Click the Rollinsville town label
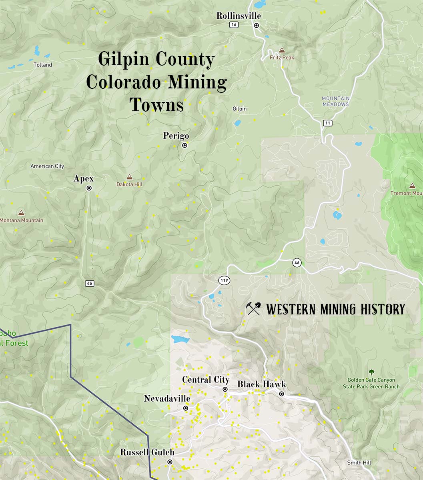[239, 16]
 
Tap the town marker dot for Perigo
[184, 146]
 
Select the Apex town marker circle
[89, 188]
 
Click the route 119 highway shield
[224, 280]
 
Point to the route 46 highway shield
[297, 263]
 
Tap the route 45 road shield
[89, 283]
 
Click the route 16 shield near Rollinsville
[234, 25]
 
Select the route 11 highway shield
[328, 123]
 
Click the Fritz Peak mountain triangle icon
[282, 50]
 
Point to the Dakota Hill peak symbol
[129, 177]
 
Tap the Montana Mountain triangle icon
[21, 213]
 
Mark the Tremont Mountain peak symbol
[412, 186]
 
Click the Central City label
[206, 380]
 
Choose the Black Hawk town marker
[282, 394]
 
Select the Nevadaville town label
[167, 399]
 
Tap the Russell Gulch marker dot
[170, 462]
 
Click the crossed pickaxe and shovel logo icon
[253, 309]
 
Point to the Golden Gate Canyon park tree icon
[371, 372]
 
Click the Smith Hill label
[359, 463]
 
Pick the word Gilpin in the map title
[124, 60]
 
